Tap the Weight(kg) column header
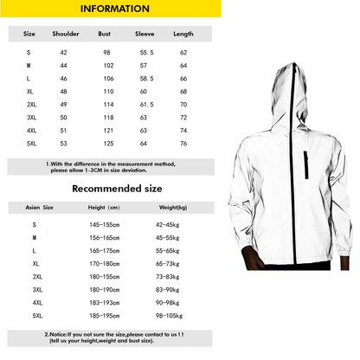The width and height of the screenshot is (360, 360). (x=169, y=208)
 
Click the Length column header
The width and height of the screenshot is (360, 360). (x=183, y=35)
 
